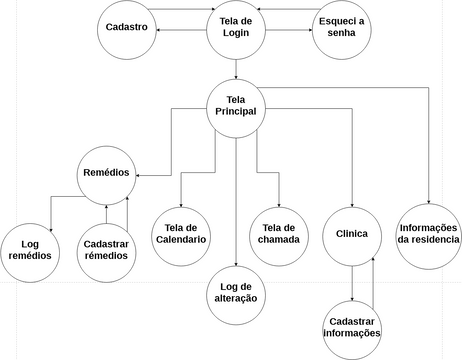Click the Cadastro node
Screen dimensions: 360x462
click(127, 28)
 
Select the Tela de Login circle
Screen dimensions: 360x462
click(236, 31)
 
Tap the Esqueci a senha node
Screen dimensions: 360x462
click(341, 30)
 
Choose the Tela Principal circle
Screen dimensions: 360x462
click(236, 107)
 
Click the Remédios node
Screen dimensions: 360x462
click(106, 174)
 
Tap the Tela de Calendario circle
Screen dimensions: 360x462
click(180, 235)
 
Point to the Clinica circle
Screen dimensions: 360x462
click(353, 235)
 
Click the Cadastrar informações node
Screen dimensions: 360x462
click(353, 327)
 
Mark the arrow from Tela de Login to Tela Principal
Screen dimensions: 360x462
click(236, 68)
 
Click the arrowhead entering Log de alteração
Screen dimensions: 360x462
click(236, 262)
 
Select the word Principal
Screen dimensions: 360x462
click(236, 113)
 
